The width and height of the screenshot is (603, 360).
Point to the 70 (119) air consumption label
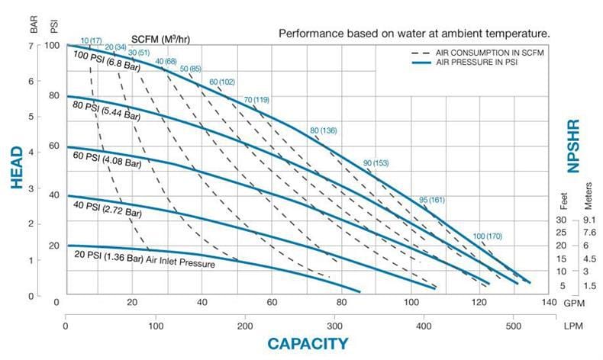coord(256,100)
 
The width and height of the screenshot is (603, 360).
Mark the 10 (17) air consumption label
coord(91,40)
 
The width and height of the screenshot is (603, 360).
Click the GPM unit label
coord(571,302)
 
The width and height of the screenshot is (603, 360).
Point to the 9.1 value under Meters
coord(588,220)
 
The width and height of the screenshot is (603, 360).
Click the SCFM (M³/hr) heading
coord(161,38)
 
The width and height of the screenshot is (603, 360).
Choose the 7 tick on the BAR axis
coord(32,46)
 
